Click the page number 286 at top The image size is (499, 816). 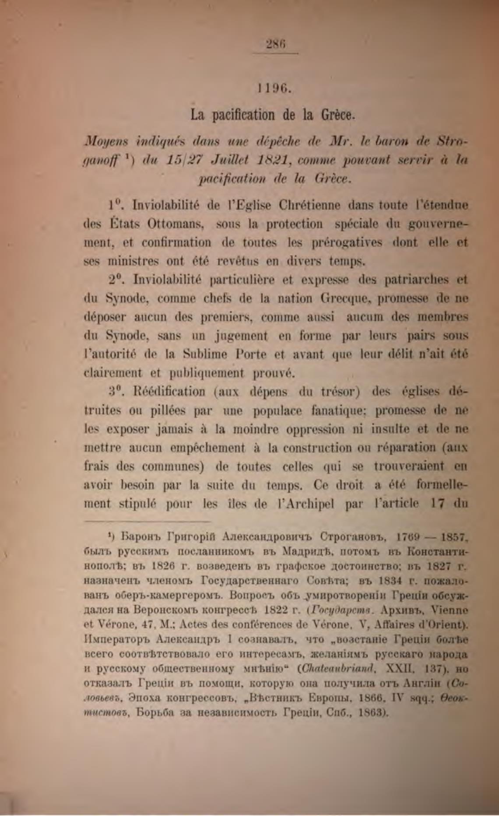(x=275, y=45)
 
